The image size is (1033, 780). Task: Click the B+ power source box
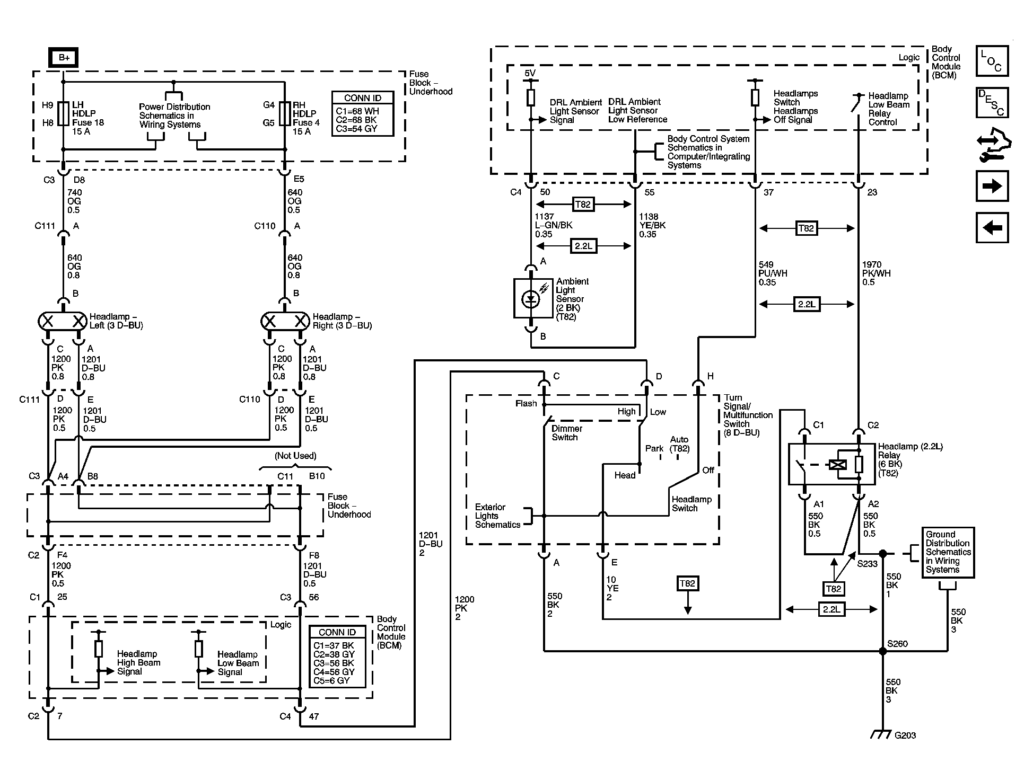[64, 58]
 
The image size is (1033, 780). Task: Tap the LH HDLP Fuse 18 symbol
[63, 113]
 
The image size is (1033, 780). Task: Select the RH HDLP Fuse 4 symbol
[285, 113]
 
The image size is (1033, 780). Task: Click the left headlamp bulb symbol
[63, 321]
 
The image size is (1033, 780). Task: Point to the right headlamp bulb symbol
[285, 321]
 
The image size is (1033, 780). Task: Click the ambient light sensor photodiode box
[530, 298]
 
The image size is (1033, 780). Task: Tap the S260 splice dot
[882, 651]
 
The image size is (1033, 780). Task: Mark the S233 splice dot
[882, 554]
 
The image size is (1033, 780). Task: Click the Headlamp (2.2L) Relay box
[831, 464]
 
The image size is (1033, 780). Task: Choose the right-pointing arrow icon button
[992, 186]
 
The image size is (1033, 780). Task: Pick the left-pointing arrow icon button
[992, 228]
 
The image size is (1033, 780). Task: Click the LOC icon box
[992, 61]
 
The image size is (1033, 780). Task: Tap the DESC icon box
[992, 102]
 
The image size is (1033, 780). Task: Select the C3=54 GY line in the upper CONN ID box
[357, 129]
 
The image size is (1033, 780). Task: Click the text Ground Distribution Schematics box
[948, 552]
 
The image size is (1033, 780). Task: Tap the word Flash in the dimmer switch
[526, 403]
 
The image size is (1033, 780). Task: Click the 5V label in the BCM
[530, 73]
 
